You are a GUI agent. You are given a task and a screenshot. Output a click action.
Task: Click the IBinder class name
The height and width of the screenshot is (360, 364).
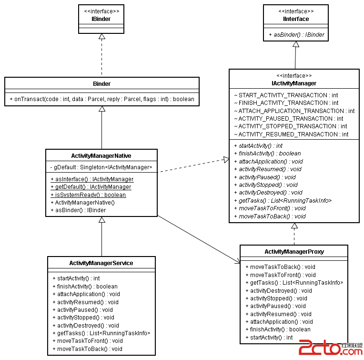click(101, 19)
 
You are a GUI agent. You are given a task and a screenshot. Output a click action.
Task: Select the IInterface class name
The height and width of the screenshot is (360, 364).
click(295, 19)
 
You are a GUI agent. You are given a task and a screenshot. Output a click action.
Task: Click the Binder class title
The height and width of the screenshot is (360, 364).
click(101, 84)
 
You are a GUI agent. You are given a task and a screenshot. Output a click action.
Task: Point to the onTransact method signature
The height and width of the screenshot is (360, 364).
click(101, 99)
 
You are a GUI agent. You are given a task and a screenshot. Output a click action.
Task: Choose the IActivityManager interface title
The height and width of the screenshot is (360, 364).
click(294, 83)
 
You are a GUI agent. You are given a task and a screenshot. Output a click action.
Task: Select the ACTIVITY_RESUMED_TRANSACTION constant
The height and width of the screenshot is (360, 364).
click(291, 134)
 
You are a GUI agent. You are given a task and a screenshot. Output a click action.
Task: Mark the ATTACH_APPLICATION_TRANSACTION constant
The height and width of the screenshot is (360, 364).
click(294, 111)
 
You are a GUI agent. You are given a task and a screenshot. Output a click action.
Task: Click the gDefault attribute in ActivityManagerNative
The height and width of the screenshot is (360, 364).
click(101, 167)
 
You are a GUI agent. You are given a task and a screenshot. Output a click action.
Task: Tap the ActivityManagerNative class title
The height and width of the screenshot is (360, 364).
click(101, 155)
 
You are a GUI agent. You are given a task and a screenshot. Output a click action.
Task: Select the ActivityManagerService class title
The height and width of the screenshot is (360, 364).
click(101, 263)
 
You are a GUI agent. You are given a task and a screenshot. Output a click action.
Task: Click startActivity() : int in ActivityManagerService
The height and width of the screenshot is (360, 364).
click(79, 278)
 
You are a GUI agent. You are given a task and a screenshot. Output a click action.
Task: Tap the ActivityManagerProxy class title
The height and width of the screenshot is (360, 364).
click(294, 251)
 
